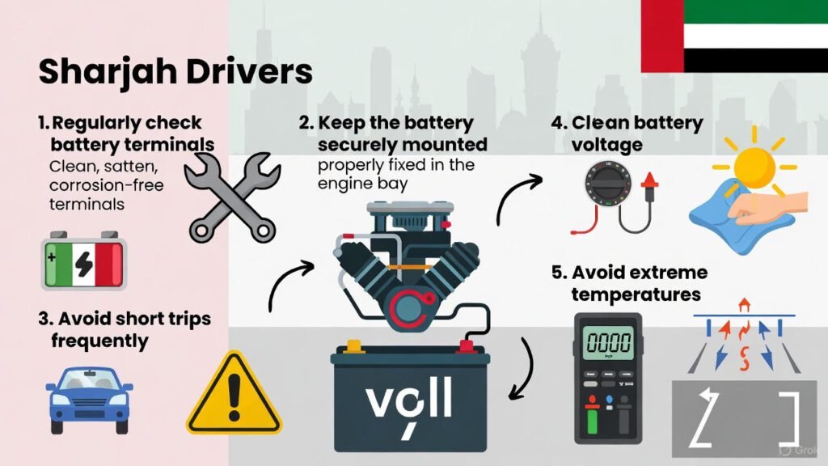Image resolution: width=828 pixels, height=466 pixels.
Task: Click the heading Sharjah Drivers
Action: [x=175, y=71]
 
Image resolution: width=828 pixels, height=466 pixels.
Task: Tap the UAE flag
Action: [x=734, y=36]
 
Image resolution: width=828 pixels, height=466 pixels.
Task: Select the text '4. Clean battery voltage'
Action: [x=627, y=133]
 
